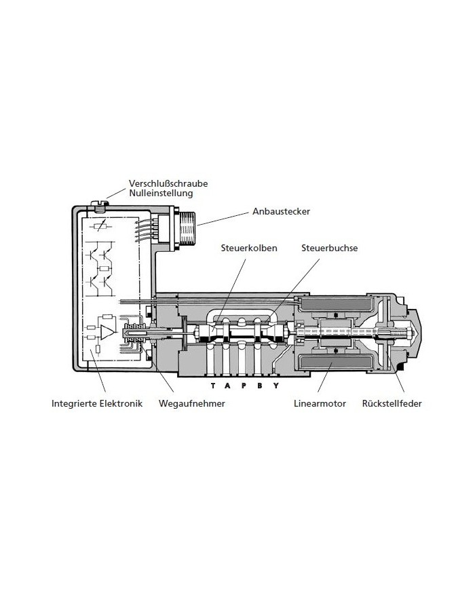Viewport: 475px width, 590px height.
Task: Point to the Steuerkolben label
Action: tap(248, 248)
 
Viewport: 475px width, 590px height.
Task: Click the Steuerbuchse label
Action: tap(329, 248)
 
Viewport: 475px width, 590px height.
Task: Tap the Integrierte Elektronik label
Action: tap(97, 403)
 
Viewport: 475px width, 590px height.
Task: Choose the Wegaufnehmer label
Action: tap(191, 403)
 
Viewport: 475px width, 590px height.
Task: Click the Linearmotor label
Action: tap(320, 403)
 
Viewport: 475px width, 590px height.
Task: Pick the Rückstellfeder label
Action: tap(393, 403)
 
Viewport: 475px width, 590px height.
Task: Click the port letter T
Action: tap(213, 386)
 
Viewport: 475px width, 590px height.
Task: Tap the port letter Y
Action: tap(276, 386)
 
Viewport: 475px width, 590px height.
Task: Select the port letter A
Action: tap(229, 386)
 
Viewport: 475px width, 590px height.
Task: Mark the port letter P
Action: tap(244, 386)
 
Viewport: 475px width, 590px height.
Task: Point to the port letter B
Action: tap(260, 386)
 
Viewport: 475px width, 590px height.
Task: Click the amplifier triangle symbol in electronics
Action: tap(107, 331)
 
